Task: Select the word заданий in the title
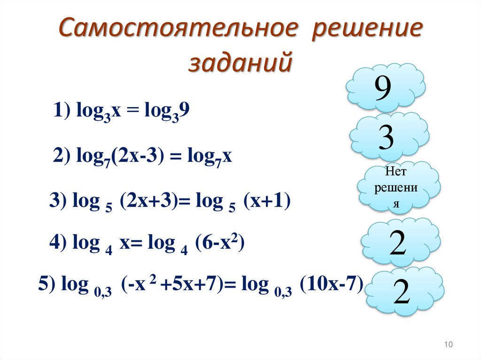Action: pyautogui.click(x=240, y=62)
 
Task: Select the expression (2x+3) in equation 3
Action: pyautogui.click(x=150, y=202)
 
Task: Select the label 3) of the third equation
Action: pyautogui.click(x=59, y=202)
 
